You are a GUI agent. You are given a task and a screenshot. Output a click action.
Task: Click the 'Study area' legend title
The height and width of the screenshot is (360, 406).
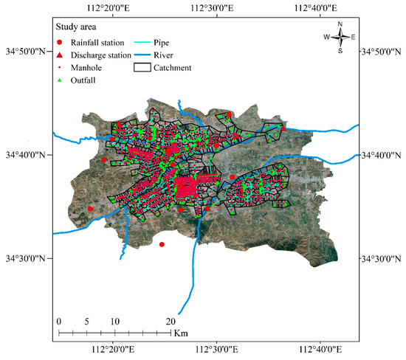coord(78,29)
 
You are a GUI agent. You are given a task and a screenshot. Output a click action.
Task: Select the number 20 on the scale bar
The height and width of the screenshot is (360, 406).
coord(171,321)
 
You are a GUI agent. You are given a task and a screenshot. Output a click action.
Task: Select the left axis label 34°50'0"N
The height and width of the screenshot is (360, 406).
coord(26,51)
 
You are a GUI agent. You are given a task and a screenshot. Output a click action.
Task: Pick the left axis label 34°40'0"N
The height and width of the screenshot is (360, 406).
coord(26,155)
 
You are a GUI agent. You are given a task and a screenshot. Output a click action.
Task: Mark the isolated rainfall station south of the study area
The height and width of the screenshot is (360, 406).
coord(162,244)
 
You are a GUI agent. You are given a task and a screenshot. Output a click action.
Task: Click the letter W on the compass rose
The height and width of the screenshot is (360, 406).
coord(326,36)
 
